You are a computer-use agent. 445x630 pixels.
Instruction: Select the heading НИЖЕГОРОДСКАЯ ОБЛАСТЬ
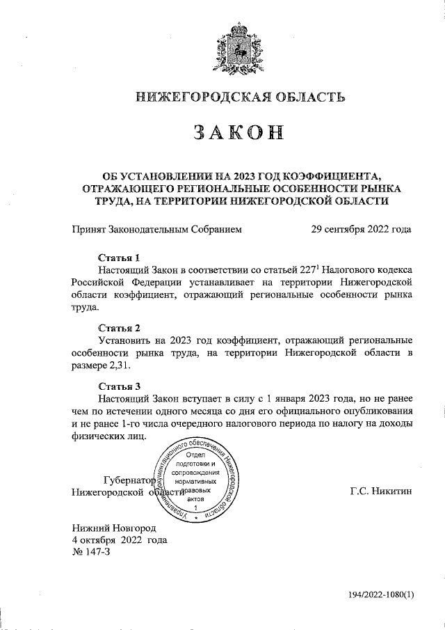[x=241, y=97]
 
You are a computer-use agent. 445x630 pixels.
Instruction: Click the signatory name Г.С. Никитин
[x=381, y=491]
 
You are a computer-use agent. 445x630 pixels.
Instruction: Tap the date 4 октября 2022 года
[x=119, y=540]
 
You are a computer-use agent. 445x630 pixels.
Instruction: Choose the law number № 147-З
[x=90, y=552]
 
